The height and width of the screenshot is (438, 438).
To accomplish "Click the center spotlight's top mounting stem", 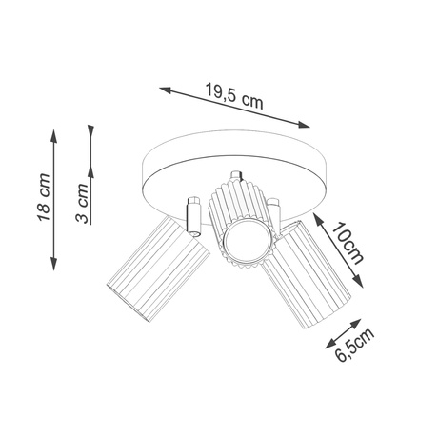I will pyautogui.click(x=234, y=175).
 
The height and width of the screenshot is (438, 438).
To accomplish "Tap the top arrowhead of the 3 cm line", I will pyautogui.click(x=91, y=127).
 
